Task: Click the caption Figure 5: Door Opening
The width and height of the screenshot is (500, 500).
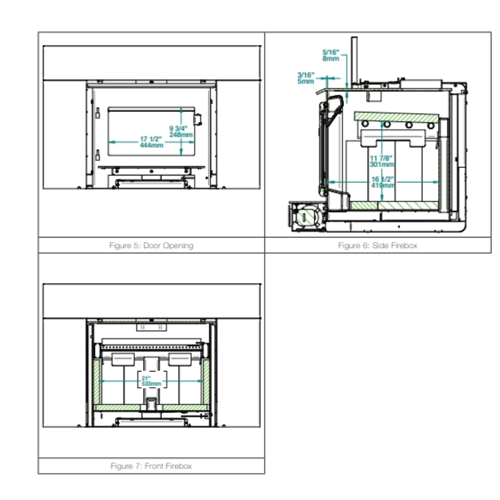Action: point(151,245)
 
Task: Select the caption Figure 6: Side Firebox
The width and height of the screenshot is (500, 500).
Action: point(377,245)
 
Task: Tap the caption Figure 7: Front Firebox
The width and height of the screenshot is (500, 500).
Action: point(151,466)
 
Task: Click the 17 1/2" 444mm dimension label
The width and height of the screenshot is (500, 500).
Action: point(151,142)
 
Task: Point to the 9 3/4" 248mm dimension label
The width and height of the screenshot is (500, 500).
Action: point(181,131)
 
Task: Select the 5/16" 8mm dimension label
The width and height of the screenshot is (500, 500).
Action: point(330,55)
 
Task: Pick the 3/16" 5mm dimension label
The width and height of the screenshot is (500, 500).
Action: point(306,78)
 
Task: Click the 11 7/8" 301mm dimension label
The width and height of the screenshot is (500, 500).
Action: point(381,161)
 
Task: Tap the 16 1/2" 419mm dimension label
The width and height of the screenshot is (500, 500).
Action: point(383,182)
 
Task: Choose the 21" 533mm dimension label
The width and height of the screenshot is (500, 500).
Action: point(151,381)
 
